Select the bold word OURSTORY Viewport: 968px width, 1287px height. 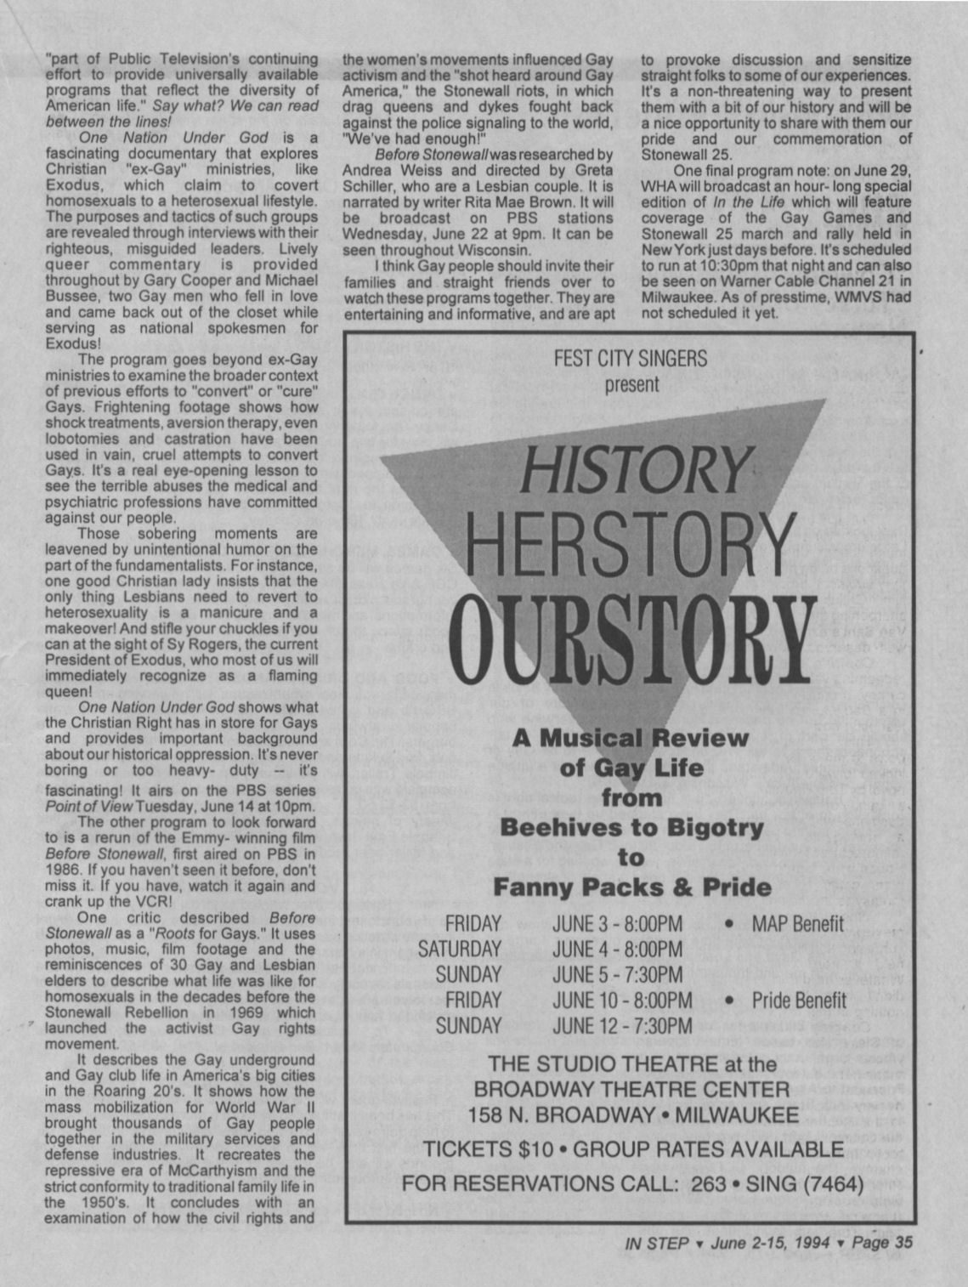[x=630, y=638]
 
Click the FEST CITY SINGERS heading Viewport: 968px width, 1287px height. [x=630, y=358]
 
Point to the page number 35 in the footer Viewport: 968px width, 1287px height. [x=899, y=1241]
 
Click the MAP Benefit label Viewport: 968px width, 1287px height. [x=797, y=924]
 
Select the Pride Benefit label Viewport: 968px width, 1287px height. [x=799, y=1000]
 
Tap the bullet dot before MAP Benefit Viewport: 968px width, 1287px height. [x=729, y=925]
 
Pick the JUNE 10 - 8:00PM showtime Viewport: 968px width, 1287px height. [x=622, y=1000]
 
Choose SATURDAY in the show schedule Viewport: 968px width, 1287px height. [x=459, y=949]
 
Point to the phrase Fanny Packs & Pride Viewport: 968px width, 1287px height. [x=632, y=887]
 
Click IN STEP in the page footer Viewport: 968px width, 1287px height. [x=655, y=1241]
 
